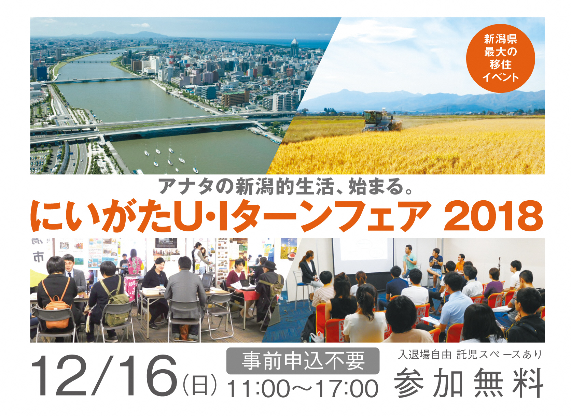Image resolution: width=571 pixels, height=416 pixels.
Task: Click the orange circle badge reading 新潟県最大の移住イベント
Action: coord(500,58)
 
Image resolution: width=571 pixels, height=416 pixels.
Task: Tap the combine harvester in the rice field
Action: coord(381,121)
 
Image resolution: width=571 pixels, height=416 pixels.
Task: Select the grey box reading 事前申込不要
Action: coord(303,361)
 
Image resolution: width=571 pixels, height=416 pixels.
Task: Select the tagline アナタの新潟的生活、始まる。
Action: coord(286,186)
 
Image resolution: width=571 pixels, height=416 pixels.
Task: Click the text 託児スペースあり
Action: coord(499,355)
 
